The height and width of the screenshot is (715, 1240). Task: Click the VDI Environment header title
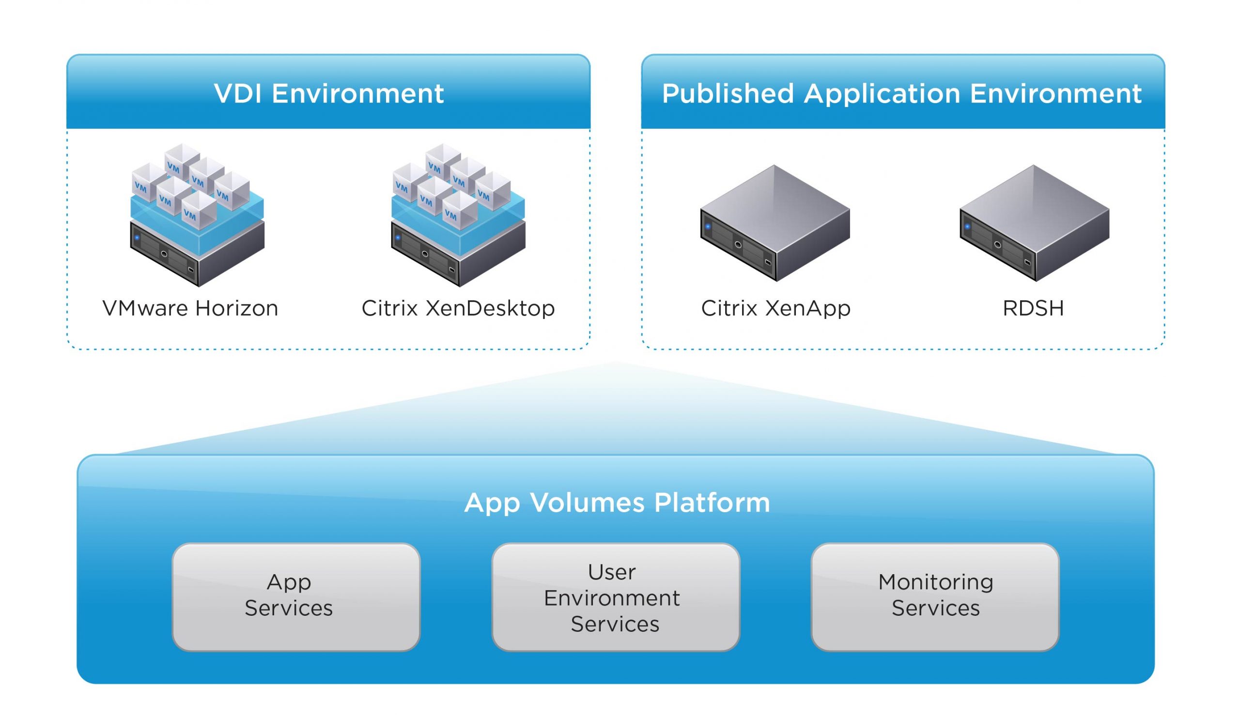pos(329,94)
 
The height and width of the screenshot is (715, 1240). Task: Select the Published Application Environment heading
pos(901,94)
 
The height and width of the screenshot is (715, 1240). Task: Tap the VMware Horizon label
pos(190,308)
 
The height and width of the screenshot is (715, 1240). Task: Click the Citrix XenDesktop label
pos(458,308)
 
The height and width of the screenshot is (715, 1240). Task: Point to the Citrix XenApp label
pos(775,308)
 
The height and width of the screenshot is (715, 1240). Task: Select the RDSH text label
pos(1033,308)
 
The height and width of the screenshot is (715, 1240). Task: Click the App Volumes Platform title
pos(617,503)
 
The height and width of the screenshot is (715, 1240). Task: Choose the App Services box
pos(296,597)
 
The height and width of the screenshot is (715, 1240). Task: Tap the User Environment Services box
pos(615,597)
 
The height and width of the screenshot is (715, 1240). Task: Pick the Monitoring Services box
pos(934,597)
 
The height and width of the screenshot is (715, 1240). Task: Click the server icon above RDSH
pos(1034,224)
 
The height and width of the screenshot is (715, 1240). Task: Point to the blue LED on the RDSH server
pos(967,227)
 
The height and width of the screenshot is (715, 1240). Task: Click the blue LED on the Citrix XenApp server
pos(708,227)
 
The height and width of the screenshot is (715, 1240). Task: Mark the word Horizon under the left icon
pos(237,308)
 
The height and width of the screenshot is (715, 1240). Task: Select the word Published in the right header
pos(728,94)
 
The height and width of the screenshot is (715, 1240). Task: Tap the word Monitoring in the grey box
pos(935,582)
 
